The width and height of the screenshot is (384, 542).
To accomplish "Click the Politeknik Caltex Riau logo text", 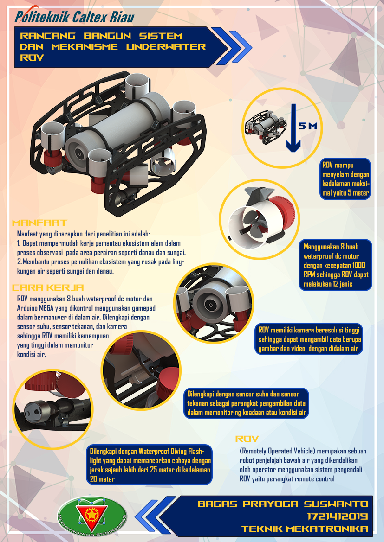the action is [74, 17].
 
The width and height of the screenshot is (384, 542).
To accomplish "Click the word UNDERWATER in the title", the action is [166, 47].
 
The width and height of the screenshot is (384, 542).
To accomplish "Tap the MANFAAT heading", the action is [39, 223].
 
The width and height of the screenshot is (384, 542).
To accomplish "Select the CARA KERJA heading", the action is [48, 287].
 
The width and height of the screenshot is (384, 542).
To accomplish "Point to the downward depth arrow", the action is [293, 128].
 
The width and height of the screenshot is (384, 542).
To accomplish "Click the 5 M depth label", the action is [308, 126].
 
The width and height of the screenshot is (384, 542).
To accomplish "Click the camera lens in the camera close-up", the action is [209, 305].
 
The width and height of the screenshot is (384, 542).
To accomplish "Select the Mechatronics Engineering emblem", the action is [92, 517].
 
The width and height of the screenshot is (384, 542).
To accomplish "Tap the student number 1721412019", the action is [337, 516].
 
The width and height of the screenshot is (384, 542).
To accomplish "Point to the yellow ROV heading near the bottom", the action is [247, 439].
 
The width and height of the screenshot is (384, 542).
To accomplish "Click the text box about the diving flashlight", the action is [149, 465].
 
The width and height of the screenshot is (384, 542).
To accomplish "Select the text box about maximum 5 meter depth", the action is [345, 179].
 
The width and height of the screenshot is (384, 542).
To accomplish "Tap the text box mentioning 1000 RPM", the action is [336, 265].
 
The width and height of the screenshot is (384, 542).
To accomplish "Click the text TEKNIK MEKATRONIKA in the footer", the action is [304, 529].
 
